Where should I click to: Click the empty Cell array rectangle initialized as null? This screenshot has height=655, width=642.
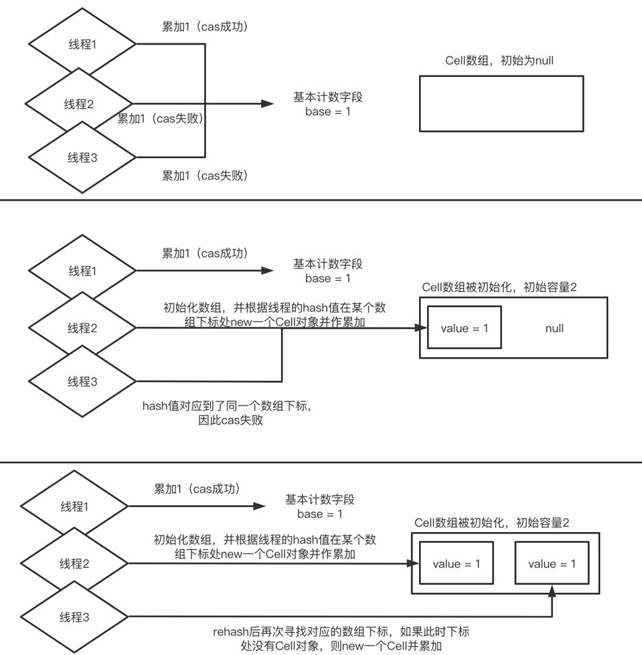point(501,103)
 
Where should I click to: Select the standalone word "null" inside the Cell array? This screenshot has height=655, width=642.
point(555,329)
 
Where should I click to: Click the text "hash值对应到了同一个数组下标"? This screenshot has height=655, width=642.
point(227,407)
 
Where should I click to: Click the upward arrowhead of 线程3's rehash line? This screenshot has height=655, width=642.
point(553,592)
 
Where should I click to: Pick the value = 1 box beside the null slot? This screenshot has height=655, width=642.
point(464,329)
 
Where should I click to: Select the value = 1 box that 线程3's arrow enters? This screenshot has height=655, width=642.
point(551,564)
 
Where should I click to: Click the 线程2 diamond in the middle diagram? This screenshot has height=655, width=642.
point(83,329)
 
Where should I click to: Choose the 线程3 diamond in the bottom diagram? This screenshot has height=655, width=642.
point(76,617)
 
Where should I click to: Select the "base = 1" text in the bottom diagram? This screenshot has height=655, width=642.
point(320,514)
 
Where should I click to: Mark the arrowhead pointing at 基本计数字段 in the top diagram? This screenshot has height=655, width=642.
point(267,104)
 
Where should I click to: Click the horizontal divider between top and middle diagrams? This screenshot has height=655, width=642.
point(321,200)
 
